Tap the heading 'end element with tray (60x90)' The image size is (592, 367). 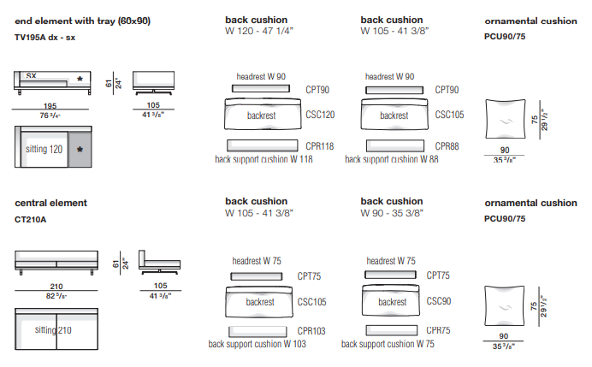pos(82,21)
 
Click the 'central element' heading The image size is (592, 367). pos(51,204)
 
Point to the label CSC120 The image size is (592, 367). pos(319,114)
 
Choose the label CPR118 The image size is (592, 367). pos(319,146)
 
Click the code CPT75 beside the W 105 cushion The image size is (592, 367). pos(309,275)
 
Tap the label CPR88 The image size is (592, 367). pos(447,146)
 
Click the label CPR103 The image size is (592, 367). pos(311,330)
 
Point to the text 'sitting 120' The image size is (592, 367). pos(44,149)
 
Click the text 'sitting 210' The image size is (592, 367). pos(53,329)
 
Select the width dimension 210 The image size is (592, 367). pos(56,287)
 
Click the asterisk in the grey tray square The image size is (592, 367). pos(80,150)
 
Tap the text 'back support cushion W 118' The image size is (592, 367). pos(263,159)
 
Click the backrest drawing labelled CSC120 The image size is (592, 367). pos(262,115)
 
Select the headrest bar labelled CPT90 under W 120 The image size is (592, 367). pos(262,90)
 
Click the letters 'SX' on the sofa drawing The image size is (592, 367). pos(30,76)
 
